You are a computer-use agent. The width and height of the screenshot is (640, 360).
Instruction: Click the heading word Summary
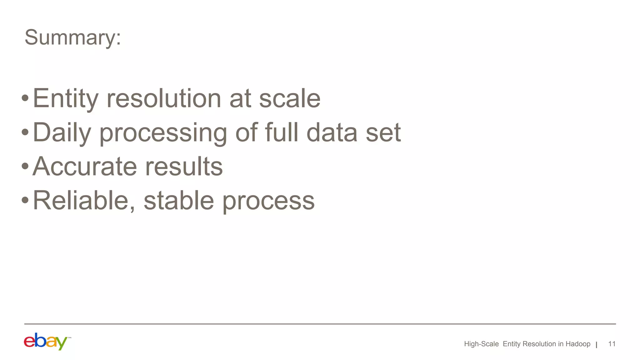pyautogui.click(x=72, y=37)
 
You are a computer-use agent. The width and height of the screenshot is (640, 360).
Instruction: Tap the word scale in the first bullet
pyautogui.click(x=290, y=99)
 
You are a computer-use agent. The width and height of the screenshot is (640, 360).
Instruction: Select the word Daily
pyautogui.click(x=62, y=133)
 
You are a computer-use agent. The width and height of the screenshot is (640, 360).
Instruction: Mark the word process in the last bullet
pyautogui.click(x=268, y=202)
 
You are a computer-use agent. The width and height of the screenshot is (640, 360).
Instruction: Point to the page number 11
pyautogui.click(x=612, y=344)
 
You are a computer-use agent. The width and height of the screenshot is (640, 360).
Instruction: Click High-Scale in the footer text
pyautogui.click(x=481, y=344)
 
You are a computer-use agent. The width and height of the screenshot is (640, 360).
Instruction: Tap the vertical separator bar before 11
pyautogui.click(x=597, y=345)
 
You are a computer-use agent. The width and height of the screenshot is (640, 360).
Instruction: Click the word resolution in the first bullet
pyautogui.click(x=164, y=99)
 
